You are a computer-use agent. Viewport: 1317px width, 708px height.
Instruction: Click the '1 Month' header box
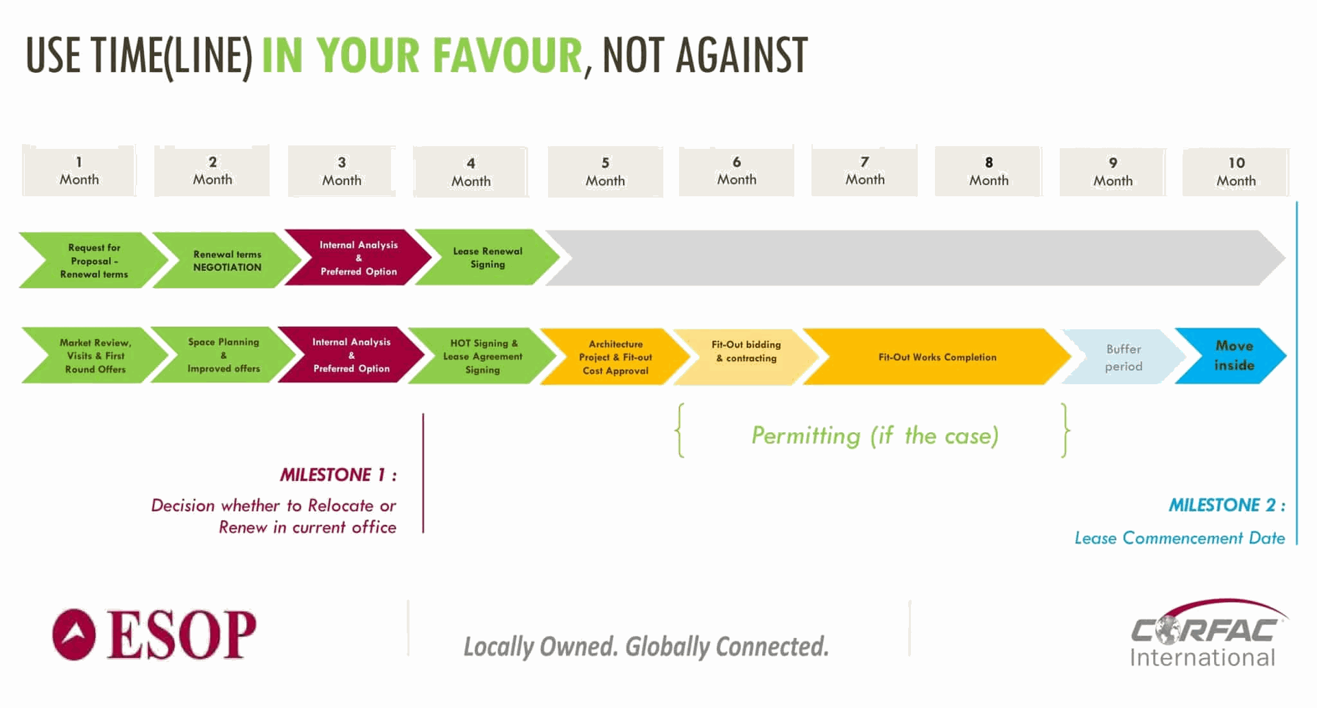[x=79, y=171]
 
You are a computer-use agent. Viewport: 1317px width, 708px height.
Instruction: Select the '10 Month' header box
[x=1236, y=172]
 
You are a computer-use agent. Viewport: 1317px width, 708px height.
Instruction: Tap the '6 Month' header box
[x=737, y=171]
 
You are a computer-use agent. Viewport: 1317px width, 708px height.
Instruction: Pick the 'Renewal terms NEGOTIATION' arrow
[x=227, y=260]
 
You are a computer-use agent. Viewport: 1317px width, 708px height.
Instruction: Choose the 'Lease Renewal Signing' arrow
[x=488, y=257]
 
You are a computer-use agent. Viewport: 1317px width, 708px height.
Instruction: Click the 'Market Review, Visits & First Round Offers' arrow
[x=95, y=355]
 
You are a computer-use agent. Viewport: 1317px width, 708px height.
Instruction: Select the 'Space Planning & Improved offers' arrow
[x=224, y=355]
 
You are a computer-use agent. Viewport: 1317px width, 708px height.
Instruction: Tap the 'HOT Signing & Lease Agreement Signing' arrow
[x=482, y=356]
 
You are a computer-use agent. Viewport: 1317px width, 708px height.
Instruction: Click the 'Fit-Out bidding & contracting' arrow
[x=746, y=357]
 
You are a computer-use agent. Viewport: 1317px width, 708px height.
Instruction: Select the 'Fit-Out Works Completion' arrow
[x=937, y=357]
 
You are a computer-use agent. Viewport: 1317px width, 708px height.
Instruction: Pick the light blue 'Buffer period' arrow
[x=1124, y=357]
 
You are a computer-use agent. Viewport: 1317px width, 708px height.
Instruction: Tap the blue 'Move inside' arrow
[x=1231, y=355]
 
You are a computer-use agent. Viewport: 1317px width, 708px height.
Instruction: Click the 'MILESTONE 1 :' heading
[x=338, y=475]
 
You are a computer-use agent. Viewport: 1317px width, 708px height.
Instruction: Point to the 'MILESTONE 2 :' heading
[x=1227, y=505]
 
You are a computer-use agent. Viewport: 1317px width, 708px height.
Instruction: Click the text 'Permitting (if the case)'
[x=875, y=436]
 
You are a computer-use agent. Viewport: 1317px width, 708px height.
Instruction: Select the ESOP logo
[x=154, y=635]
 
